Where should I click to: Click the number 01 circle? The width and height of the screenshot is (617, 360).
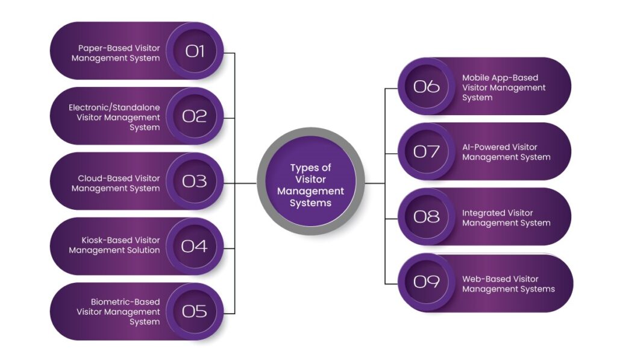tap(195, 51)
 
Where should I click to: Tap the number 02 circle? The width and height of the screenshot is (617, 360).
tap(195, 116)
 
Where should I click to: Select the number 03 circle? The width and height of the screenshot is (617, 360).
tap(195, 181)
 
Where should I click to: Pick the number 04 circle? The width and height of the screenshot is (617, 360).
tap(195, 246)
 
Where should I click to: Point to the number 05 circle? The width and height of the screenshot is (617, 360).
tap(195, 311)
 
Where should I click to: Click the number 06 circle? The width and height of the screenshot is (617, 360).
tap(427, 86)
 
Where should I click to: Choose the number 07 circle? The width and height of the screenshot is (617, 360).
tap(427, 151)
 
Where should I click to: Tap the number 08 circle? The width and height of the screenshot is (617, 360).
tap(427, 216)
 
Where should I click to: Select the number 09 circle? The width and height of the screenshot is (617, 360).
tap(427, 282)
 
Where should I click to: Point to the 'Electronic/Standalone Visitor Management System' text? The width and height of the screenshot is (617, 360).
tap(114, 117)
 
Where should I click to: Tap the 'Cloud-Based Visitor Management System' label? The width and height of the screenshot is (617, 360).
tap(116, 183)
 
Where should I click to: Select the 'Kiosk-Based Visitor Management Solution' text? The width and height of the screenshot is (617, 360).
tap(114, 245)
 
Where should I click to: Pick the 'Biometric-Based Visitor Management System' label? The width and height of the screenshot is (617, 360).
tap(118, 312)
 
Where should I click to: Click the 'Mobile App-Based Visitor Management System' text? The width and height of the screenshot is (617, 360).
tap(504, 87)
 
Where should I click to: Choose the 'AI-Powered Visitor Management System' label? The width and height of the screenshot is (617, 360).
tap(506, 152)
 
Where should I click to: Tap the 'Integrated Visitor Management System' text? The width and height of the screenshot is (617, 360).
tap(506, 218)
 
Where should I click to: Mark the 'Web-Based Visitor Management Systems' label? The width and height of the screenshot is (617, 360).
tap(508, 284)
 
